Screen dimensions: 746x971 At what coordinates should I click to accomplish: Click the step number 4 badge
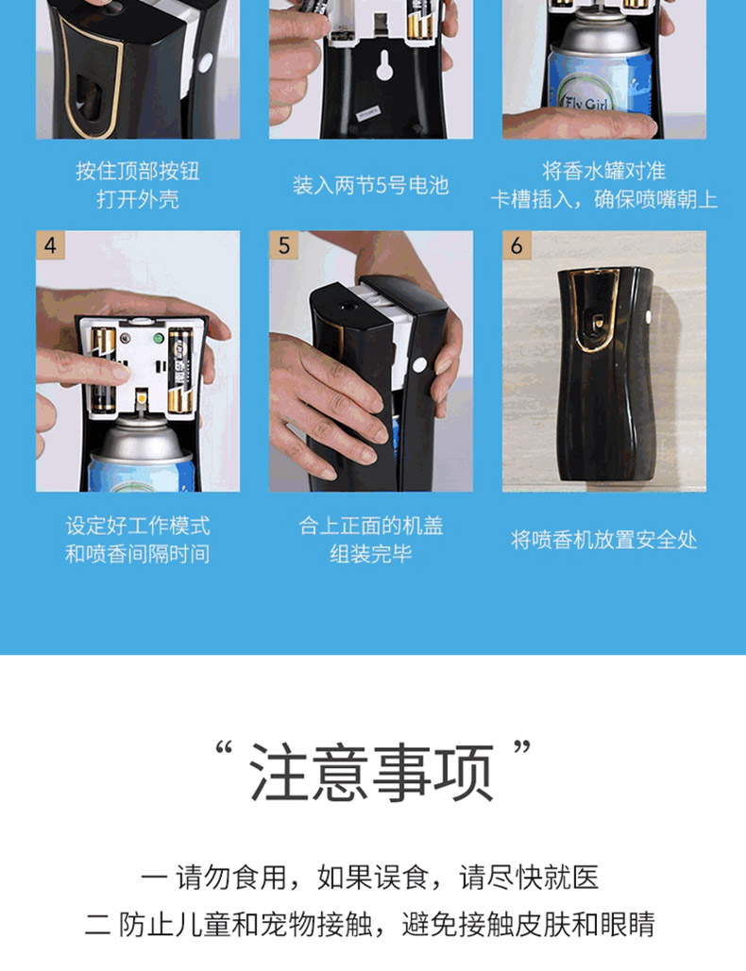pyautogui.click(x=50, y=245)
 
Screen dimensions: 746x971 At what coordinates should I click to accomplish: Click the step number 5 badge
pyautogui.click(x=284, y=245)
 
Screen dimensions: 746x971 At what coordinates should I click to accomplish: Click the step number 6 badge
pyautogui.click(x=517, y=245)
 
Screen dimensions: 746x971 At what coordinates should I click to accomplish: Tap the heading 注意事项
pyautogui.click(x=372, y=773)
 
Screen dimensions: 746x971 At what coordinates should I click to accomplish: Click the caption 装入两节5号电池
pyautogui.click(x=370, y=185)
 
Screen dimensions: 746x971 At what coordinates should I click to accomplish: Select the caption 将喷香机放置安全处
pyautogui.click(x=604, y=540)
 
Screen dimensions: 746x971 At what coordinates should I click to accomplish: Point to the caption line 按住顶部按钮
pyautogui.click(x=138, y=171)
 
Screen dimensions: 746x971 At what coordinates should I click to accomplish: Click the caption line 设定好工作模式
pyautogui.click(x=138, y=526)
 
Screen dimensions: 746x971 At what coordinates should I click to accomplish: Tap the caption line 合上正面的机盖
pyautogui.click(x=370, y=526)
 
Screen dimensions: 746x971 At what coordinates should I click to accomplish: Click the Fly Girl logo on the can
pyautogui.click(x=586, y=100)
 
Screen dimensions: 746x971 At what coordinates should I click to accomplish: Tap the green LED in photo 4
pyautogui.click(x=159, y=338)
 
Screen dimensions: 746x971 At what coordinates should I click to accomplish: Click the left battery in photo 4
pyautogui.click(x=103, y=370)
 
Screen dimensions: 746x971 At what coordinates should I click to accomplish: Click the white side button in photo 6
pyautogui.click(x=648, y=316)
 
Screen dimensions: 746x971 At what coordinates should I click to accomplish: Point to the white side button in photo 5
pyautogui.click(x=419, y=364)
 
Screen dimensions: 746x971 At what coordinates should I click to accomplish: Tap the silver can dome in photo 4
pyautogui.click(x=141, y=438)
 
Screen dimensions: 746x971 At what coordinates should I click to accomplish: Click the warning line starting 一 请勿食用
pyautogui.click(x=370, y=878)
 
